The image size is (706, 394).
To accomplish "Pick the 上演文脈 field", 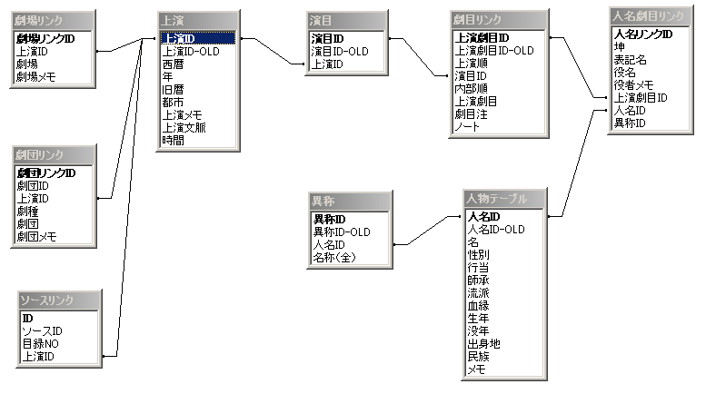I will pos(184,128).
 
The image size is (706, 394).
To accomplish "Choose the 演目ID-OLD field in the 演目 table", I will pos(339,52).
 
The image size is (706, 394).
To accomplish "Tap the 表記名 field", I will pos(630,60).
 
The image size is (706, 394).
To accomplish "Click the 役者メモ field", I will pos(634,84).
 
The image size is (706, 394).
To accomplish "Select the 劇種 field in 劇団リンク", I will pos(27,211).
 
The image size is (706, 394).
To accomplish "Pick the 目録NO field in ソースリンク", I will pos(42,344).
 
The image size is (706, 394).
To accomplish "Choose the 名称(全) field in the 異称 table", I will pos(337,257).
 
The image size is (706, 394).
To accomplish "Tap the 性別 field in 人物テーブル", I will pos(478,256).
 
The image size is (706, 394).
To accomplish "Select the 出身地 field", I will pos(483,344).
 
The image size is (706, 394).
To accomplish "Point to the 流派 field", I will pos(478,294).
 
